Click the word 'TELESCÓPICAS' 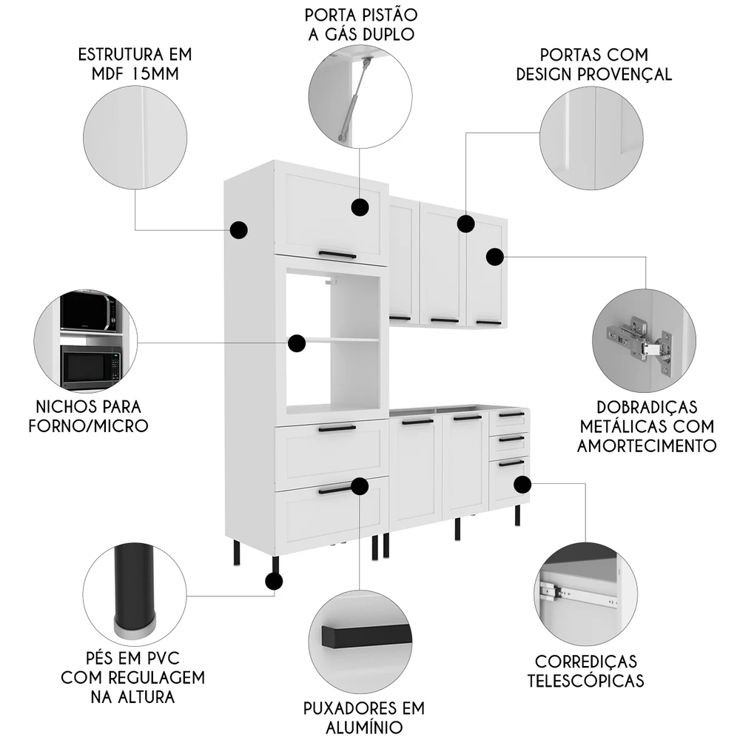tap(585, 680)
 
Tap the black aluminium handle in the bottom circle tap(366, 636)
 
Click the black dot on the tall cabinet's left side tap(239, 229)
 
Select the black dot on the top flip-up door tap(360, 207)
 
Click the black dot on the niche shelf tap(297, 343)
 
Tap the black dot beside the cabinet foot tap(274, 582)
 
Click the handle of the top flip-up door tap(337, 254)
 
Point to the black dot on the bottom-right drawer tap(522, 485)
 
